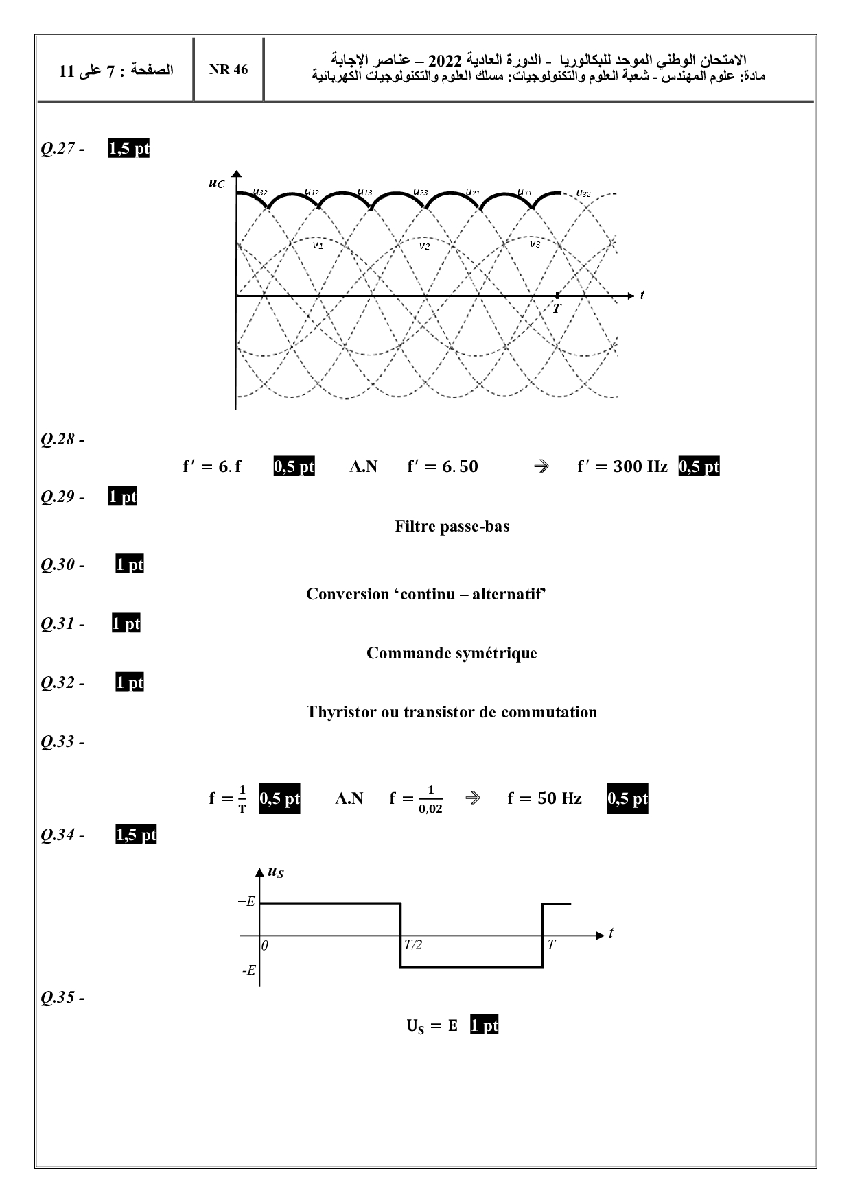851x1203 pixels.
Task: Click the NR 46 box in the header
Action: (x=229, y=70)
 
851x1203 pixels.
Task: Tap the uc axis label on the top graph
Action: (x=216, y=183)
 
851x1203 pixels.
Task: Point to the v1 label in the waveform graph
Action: (x=318, y=245)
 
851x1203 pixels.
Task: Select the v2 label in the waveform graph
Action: (x=424, y=246)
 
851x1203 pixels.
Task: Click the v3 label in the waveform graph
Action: (x=535, y=243)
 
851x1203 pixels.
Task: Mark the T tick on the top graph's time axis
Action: (x=557, y=308)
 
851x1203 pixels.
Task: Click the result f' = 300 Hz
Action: (x=622, y=466)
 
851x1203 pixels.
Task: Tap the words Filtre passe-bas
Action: (x=452, y=526)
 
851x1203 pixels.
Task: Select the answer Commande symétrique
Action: (x=452, y=653)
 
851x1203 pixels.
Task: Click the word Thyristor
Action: (x=341, y=712)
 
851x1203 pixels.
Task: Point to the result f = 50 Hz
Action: (x=544, y=798)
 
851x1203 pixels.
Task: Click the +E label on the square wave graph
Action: (x=246, y=902)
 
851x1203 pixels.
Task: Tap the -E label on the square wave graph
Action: (x=248, y=970)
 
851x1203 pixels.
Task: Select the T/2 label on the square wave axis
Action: (x=412, y=945)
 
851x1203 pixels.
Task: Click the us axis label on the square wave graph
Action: (x=275, y=872)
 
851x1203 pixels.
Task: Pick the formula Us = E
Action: (x=432, y=1026)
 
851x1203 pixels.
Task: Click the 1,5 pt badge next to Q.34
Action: (x=136, y=835)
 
